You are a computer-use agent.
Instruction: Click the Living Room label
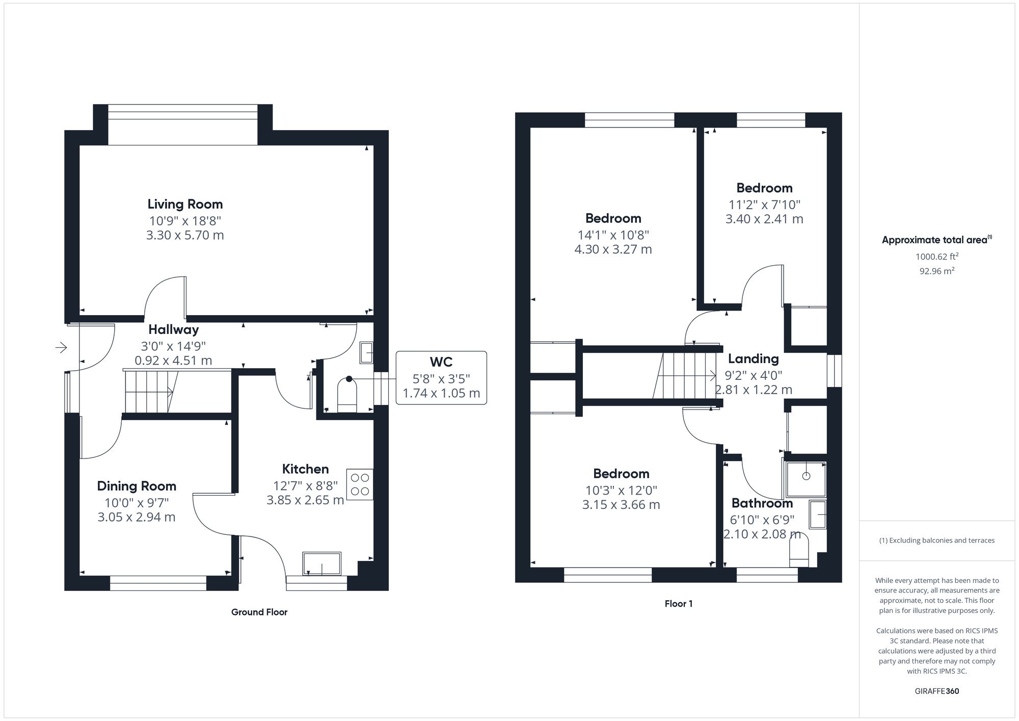click(185, 204)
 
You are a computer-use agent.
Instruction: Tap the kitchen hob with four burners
click(360, 484)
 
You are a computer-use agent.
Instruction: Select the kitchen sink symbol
click(322, 563)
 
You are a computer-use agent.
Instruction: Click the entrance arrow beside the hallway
click(61, 348)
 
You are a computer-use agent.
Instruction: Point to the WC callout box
click(441, 378)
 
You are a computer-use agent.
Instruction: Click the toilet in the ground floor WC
click(347, 395)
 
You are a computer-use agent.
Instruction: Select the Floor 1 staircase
click(685, 376)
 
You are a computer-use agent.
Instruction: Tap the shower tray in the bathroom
click(806, 479)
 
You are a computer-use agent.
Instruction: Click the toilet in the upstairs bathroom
click(799, 554)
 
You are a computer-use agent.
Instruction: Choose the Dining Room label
click(137, 486)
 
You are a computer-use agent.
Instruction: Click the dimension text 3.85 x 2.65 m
click(305, 500)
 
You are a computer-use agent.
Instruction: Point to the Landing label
click(754, 359)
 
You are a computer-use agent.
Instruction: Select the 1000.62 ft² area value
click(937, 256)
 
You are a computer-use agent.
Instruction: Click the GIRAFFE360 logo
click(937, 691)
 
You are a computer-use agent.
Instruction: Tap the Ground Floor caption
click(259, 612)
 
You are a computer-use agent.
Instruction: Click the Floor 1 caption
click(679, 604)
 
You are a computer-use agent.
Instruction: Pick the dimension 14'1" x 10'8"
click(613, 235)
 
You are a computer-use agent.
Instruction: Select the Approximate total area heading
click(936, 240)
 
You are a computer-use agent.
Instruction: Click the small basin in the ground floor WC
click(366, 352)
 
